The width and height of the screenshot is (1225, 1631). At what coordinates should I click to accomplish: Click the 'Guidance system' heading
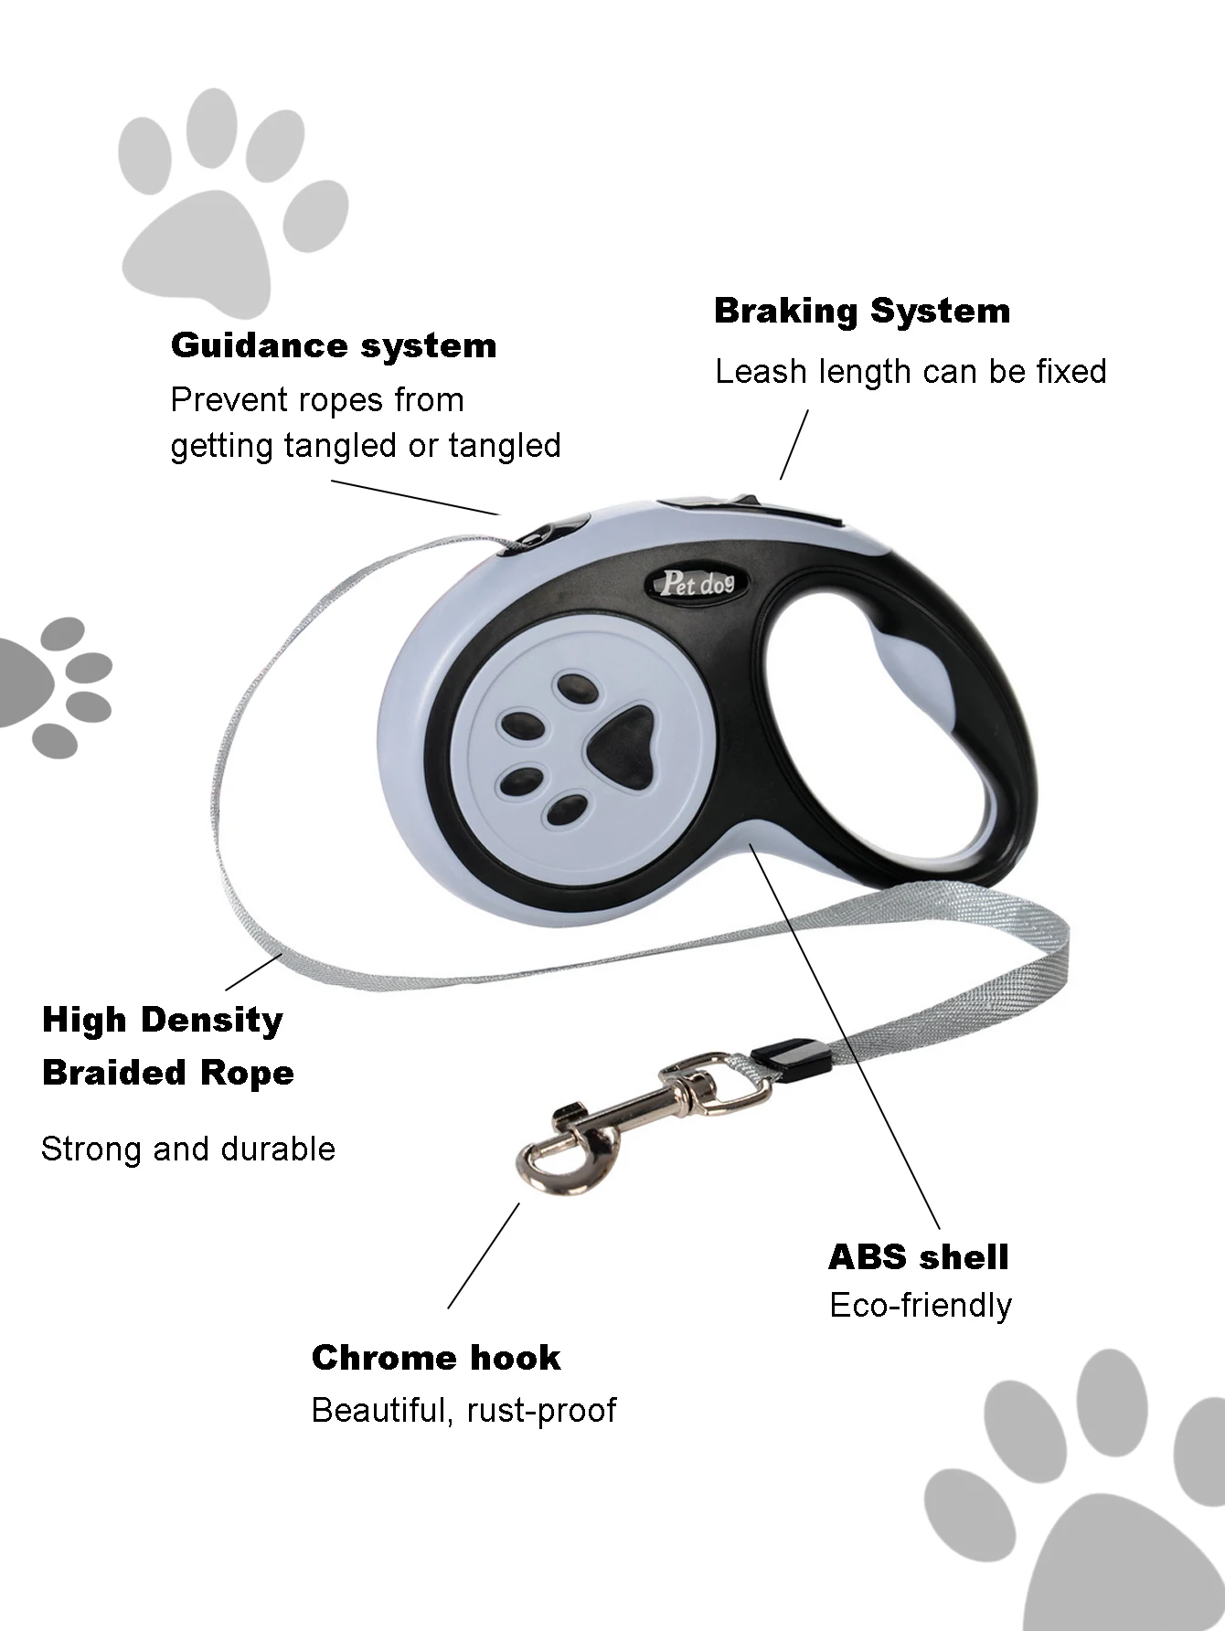coord(334,345)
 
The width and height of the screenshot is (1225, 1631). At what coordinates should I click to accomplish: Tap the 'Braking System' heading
coord(862,311)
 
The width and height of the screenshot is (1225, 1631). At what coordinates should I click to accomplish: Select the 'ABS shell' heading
coord(918,1257)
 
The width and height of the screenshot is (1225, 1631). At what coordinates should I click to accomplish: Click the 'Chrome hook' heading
coord(436,1358)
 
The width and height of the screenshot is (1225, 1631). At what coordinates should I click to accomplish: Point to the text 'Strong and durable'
coord(188,1149)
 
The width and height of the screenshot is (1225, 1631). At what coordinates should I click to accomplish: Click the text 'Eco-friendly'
coord(921,1306)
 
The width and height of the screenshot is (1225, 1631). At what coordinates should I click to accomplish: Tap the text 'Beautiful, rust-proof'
coord(463,1410)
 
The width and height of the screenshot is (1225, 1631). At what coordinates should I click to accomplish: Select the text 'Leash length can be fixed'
coord(911,372)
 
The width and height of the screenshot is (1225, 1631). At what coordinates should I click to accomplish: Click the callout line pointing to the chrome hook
coord(484,1255)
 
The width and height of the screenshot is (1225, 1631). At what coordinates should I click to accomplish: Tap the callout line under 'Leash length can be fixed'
coord(794,445)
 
